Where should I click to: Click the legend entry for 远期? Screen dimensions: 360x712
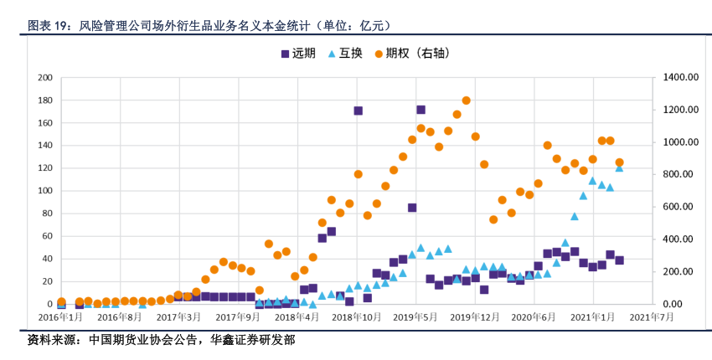[297, 54]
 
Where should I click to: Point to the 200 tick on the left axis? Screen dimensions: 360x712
[44, 78]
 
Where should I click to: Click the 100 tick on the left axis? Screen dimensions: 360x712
[44, 191]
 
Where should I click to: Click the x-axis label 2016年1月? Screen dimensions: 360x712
[61, 316]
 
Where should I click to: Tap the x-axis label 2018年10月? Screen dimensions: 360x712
[357, 316]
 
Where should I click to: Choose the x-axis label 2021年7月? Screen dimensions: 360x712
[653, 316]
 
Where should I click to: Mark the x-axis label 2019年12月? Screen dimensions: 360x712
[476, 316]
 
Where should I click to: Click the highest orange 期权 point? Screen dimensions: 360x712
[466, 100]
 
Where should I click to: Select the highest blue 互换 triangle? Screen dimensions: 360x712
[619, 167]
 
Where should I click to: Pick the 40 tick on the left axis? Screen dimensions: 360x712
[47, 259]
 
